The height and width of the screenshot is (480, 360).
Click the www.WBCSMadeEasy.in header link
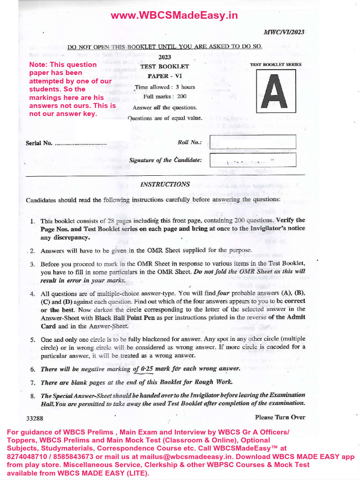coord(174,16)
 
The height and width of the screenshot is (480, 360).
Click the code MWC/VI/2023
coord(284,32)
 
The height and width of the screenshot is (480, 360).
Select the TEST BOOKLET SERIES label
coord(276,64)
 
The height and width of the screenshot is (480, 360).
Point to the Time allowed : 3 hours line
coord(165,87)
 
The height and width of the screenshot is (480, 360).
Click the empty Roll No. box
coord(253,142)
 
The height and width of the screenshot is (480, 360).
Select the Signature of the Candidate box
coord(253,160)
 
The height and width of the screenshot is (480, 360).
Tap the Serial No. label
coord(39,143)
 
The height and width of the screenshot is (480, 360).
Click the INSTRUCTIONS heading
coord(165,184)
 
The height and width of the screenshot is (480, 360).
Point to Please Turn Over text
coord(280,417)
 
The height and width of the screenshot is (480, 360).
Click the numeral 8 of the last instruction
coord(32,396)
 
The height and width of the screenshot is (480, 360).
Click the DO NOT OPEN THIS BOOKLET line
coord(165,46)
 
